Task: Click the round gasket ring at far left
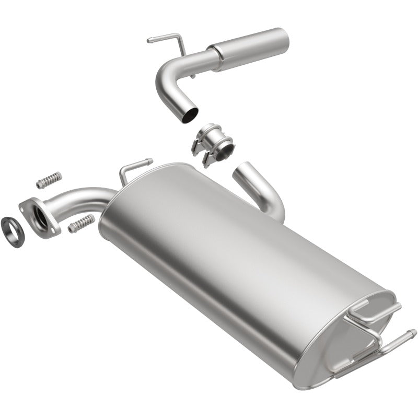(x=12, y=229)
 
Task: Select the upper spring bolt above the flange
(x=49, y=180)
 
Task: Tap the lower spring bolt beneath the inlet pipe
(x=80, y=223)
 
